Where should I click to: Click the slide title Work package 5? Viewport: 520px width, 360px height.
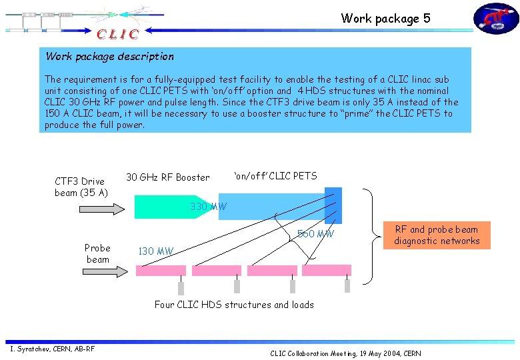(385, 19)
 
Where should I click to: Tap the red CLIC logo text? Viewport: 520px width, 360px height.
(118, 34)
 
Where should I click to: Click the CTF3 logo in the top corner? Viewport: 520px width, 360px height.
(496, 19)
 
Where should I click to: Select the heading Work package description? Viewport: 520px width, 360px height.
(109, 57)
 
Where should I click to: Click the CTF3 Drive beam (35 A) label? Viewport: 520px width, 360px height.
(80, 187)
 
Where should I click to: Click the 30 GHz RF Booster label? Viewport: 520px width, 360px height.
(167, 177)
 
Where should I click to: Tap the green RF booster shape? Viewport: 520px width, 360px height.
(160, 207)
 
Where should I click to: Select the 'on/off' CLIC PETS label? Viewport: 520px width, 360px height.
(275, 176)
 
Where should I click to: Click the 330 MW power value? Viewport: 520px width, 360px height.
(208, 207)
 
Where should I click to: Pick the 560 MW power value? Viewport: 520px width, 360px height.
(315, 234)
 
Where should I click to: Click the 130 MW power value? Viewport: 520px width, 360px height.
(155, 251)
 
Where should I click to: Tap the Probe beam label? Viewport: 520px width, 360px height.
(97, 253)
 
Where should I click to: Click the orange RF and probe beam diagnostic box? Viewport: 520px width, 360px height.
(437, 235)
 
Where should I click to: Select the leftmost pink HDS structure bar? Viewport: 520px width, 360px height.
(161, 271)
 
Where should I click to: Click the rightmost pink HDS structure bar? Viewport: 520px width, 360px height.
(327, 270)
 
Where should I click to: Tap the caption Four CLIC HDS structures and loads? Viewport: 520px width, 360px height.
(234, 305)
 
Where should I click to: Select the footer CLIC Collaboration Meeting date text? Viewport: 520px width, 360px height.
(345, 353)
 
